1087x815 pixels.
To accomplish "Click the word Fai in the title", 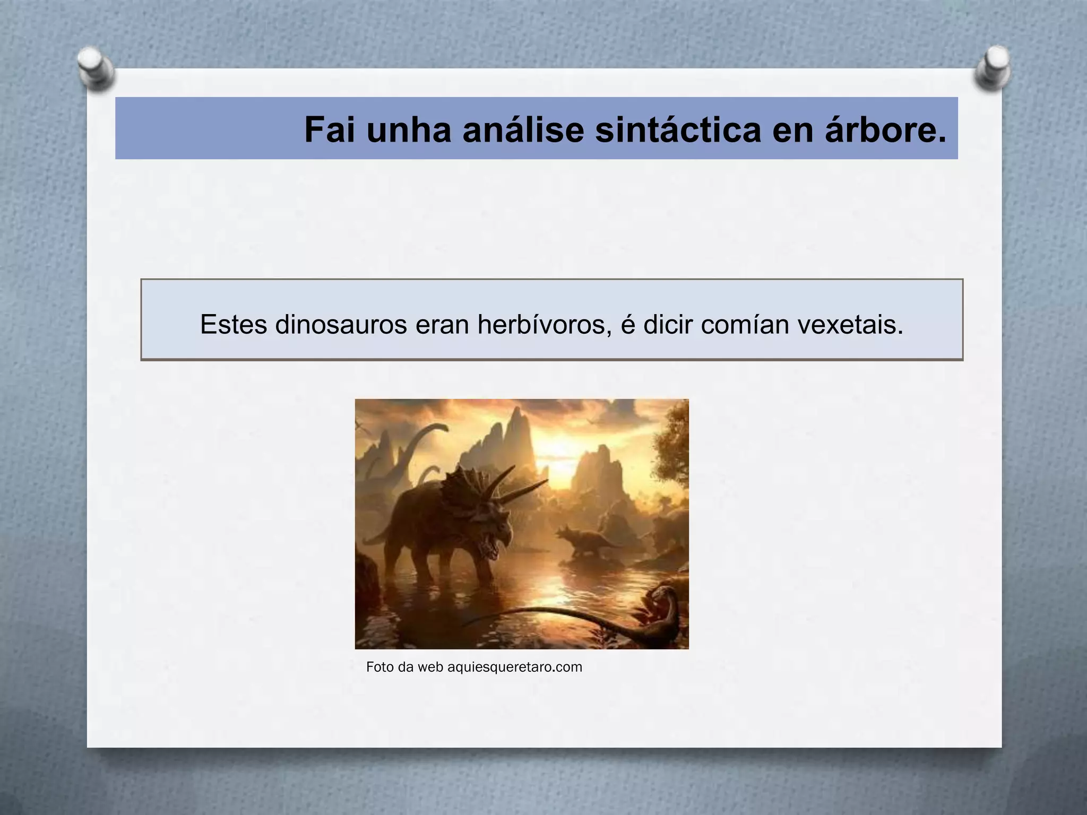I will [329, 130].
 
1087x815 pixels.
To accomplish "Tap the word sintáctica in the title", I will [678, 130].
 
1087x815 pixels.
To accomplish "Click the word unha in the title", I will [409, 130].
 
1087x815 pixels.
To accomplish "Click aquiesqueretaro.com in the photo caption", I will [514, 667].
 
